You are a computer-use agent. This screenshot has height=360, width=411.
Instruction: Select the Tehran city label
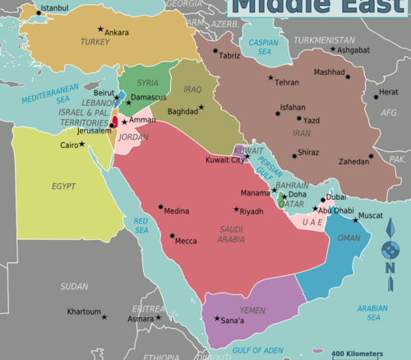click(287, 82)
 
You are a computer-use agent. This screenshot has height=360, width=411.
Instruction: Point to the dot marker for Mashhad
click(348, 77)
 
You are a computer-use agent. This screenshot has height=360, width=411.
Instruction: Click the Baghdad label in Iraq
click(182, 111)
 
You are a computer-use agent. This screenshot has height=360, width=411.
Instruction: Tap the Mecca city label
click(187, 241)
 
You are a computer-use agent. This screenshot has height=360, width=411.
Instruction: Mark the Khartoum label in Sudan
click(84, 312)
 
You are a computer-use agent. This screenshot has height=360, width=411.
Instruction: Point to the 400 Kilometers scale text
click(357, 353)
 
